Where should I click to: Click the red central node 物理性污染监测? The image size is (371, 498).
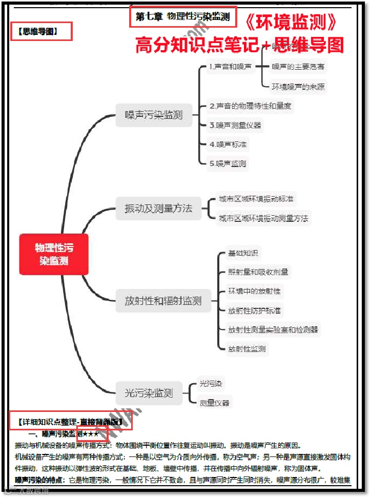(x=54, y=254)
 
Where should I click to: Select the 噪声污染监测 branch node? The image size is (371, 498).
(x=154, y=115)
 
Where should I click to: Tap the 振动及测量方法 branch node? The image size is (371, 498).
(x=158, y=209)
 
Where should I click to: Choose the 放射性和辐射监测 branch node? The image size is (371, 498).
(x=163, y=301)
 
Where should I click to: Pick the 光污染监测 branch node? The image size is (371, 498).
(x=149, y=393)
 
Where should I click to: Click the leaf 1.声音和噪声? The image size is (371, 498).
(x=231, y=67)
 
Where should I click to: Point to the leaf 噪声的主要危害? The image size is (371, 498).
(x=298, y=67)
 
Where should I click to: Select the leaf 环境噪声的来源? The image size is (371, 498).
(x=298, y=86)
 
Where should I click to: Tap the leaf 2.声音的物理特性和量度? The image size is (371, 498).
(x=251, y=106)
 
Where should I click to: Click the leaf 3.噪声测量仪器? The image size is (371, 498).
(x=235, y=125)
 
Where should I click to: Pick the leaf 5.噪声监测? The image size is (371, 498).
(x=228, y=163)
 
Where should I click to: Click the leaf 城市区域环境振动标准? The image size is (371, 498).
(x=256, y=199)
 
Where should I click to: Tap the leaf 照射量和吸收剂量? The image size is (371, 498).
(x=258, y=272)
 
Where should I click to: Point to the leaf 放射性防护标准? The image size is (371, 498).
(x=254, y=310)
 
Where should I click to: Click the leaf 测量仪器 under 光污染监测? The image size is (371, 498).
(x=215, y=403)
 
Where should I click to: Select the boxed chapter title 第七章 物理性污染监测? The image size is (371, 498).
(x=183, y=17)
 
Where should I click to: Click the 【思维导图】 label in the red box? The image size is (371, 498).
(x=41, y=31)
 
